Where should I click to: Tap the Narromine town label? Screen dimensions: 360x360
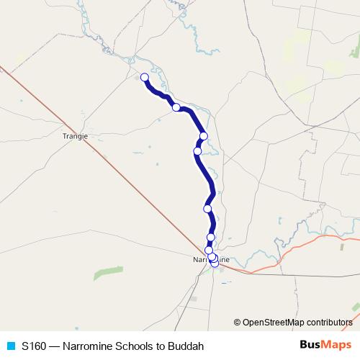(x=211, y=258)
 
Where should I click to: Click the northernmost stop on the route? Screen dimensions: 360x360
(x=144, y=78)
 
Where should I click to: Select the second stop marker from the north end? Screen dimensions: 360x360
(x=176, y=107)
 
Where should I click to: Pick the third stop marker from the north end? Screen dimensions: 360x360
(x=204, y=136)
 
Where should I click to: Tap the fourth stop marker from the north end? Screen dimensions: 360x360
(x=197, y=151)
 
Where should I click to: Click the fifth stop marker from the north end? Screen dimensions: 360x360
(x=207, y=209)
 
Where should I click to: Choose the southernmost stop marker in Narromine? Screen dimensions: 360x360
(x=215, y=263)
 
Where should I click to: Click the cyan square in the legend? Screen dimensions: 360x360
(x=10, y=346)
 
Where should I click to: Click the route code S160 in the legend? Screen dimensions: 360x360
(x=35, y=346)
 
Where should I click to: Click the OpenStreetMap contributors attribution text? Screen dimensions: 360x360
(x=297, y=322)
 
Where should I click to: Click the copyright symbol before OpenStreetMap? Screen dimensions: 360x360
(x=237, y=322)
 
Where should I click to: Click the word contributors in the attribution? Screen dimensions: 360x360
(x=328, y=322)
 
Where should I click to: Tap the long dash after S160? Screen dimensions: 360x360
(x=55, y=346)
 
